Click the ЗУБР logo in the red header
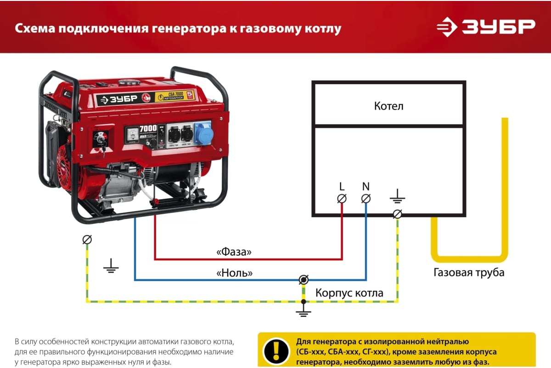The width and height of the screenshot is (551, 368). coord(486,27)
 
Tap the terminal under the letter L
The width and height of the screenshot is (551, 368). coord(342,199)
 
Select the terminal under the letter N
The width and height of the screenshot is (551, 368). coord(366,199)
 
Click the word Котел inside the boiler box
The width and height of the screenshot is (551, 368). coord(388,106)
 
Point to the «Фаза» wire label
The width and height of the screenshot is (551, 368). coord(234,252)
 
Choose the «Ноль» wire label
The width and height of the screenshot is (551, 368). coord(234,273)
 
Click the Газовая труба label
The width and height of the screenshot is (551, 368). coord(469,272)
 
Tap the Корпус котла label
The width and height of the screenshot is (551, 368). coord(349,293)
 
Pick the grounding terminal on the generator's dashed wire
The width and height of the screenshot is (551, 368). coord(87,240)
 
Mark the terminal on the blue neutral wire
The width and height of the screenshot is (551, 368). coord(303,280)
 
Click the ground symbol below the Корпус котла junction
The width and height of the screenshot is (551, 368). coord(303,313)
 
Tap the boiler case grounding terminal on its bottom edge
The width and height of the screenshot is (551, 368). coord(398,214)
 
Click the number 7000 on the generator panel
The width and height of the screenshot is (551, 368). coord(148,128)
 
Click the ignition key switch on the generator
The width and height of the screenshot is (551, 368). coord(100,139)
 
